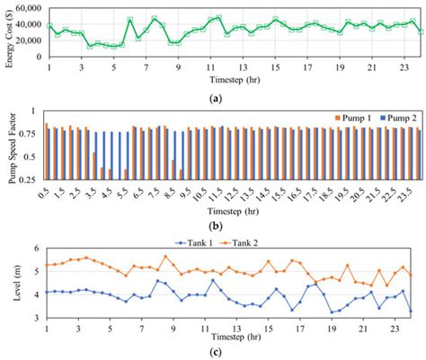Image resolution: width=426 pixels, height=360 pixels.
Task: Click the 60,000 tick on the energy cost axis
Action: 27,5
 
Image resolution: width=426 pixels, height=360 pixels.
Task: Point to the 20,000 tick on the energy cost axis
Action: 27,41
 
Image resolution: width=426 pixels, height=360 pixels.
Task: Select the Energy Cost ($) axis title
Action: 7,33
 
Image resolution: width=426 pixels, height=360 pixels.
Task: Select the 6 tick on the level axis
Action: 36,249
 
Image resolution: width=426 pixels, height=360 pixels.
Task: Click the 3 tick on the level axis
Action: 36,317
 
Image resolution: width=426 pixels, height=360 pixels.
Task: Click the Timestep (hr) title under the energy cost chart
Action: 235,78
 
